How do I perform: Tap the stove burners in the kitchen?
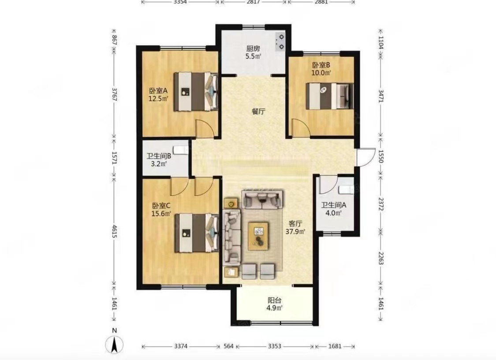280,42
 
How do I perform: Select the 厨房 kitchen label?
253,49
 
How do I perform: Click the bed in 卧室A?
196,92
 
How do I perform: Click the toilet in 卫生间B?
181,150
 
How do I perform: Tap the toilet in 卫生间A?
347,190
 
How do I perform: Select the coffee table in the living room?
258,236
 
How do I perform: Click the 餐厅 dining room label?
258,112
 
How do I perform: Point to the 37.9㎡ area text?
295,232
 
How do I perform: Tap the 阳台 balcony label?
274,300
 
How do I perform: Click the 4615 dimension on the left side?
114,232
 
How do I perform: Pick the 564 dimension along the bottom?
228,346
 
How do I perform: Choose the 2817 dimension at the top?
253,2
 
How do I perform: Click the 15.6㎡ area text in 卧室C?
161,214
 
